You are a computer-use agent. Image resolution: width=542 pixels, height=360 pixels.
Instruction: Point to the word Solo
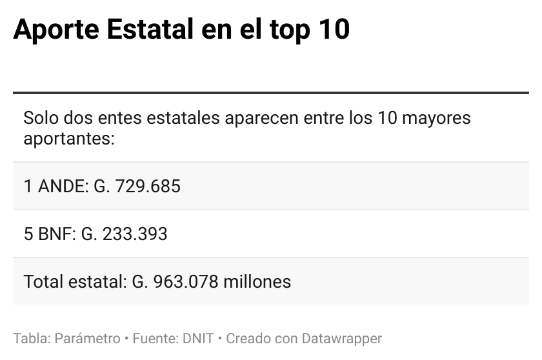click(x=39, y=119)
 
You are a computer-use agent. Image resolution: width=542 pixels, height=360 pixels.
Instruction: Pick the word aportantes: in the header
click(x=69, y=138)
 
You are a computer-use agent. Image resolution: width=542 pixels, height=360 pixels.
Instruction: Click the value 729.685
click(x=148, y=186)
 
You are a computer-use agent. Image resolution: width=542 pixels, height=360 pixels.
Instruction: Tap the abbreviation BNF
click(x=57, y=234)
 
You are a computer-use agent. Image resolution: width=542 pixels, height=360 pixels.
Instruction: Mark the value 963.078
click(x=186, y=282)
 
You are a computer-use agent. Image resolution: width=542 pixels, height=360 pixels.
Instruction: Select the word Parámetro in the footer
click(x=88, y=339)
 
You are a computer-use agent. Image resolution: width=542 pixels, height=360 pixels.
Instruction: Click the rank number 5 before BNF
click(x=28, y=234)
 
